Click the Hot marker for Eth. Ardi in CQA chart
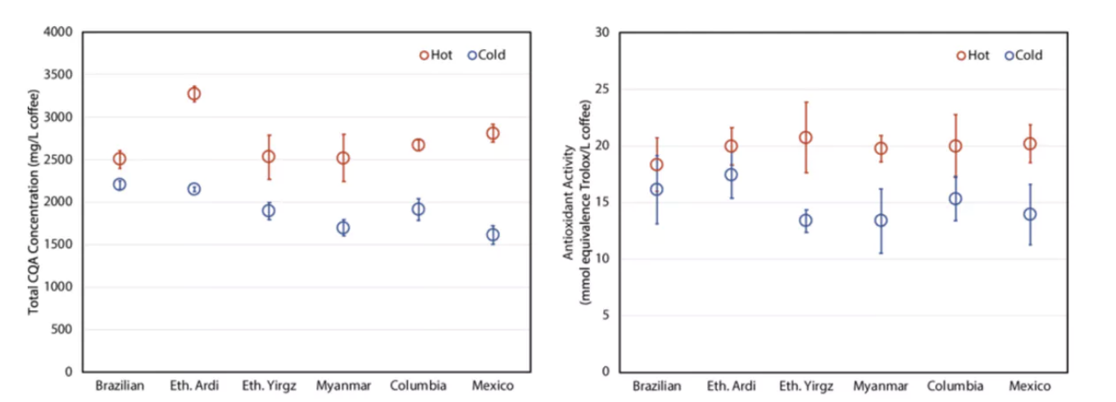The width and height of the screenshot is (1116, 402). (x=194, y=94)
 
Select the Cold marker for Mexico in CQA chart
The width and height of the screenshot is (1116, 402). (x=492, y=235)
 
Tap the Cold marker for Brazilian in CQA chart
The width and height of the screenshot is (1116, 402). (x=120, y=185)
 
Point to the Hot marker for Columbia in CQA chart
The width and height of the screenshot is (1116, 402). (x=418, y=145)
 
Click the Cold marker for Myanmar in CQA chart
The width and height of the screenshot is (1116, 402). (x=343, y=228)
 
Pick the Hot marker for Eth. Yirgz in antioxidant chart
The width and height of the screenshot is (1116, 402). (x=805, y=138)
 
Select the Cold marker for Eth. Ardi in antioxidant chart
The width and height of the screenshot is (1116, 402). (x=731, y=175)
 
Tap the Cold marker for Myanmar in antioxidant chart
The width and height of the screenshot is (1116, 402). (x=881, y=221)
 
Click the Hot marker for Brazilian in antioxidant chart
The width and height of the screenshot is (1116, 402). (x=656, y=165)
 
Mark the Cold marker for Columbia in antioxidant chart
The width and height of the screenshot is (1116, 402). (x=955, y=199)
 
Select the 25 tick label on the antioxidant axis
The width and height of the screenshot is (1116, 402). (x=605, y=89)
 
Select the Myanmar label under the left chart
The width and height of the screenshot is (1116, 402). (x=343, y=386)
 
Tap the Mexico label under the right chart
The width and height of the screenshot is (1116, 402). (x=1030, y=386)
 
